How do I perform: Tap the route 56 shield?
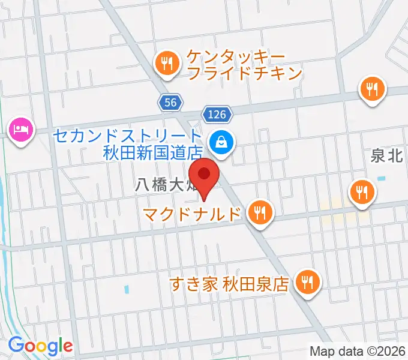pyautogui.click(x=170, y=103)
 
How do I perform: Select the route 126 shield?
pyautogui.click(x=218, y=113)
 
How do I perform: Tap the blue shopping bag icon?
pyautogui.click(x=222, y=143)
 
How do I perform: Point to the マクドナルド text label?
pyautogui.click(x=195, y=214)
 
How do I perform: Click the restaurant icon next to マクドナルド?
pyautogui.click(x=260, y=212)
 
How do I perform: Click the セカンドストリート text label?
pyautogui.click(x=125, y=136)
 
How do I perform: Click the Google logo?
pyautogui.click(x=40, y=346)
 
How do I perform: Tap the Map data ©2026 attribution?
pyautogui.click(x=358, y=351)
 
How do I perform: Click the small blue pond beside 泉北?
pyautogui.click(x=382, y=178)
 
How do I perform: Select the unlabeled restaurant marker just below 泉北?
pyautogui.click(x=362, y=193)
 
